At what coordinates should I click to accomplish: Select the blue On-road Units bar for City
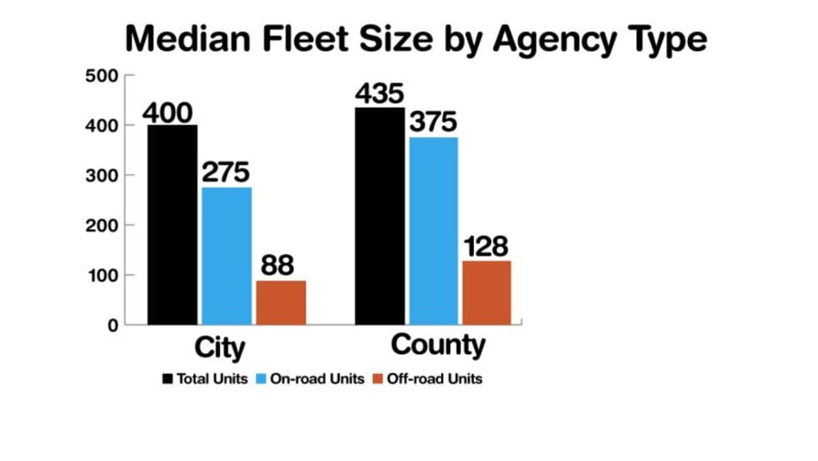(226, 255)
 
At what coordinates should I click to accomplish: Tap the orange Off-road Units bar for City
(281, 301)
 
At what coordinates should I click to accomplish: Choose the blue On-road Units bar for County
(433, 230)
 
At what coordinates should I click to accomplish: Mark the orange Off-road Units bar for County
(486, 291)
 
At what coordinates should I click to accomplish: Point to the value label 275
(226, 174)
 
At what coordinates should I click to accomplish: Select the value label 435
(379, 94)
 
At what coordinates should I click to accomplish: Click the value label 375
(433, 123)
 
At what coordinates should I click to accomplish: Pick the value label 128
(486, 247)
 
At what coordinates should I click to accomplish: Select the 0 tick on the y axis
(112, 325)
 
